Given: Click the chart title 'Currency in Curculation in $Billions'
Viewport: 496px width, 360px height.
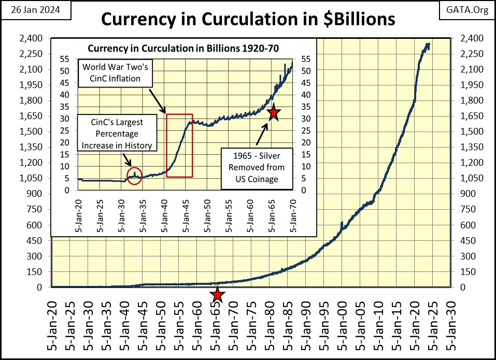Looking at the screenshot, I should tap(248, 19).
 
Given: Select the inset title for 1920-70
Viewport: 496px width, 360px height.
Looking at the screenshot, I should tap(183, 48).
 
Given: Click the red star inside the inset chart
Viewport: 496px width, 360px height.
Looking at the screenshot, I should tap(273, 112).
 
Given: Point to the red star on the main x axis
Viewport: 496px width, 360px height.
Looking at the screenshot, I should tap(218, 295).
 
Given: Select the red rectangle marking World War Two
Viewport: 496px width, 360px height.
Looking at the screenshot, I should tap(179, 145).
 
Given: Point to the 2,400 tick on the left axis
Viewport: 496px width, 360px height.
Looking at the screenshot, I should tap(36, 38).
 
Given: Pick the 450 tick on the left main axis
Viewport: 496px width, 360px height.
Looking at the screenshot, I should tap(40, 240).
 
